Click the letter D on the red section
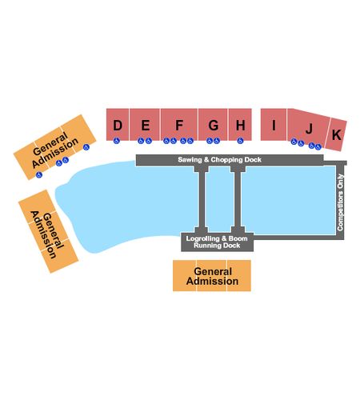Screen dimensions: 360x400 point(118,125)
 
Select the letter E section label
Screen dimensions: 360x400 point(145,125)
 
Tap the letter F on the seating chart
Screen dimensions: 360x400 point(179,125)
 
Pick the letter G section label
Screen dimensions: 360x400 point(214,125)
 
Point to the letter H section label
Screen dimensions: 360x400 point(240,125)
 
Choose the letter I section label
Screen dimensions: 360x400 point(274,125)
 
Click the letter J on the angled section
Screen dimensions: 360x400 point(309,129)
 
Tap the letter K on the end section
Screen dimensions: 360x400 point(336,134)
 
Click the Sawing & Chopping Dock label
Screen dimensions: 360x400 point(219,160)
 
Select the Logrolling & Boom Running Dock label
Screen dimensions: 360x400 point(217,242)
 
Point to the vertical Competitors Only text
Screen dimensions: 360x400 point(340,202)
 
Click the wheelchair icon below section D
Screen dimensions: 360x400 point(116,141)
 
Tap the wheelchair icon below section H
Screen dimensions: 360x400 point(240,141)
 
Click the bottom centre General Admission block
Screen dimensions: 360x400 point(212,276)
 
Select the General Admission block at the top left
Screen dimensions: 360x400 point(55,147)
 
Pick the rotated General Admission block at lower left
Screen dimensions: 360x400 point(48,231)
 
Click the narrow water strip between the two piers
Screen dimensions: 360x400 point(219,199)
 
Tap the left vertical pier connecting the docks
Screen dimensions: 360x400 point(202,199)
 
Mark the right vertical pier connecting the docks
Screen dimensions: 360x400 point(238,199)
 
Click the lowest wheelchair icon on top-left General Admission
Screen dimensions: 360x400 point(39,174)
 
